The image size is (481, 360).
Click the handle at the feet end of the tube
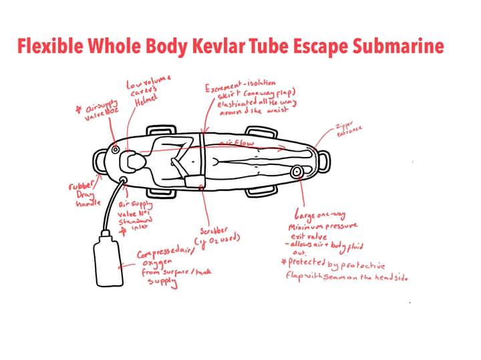click(x=325, y=160)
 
